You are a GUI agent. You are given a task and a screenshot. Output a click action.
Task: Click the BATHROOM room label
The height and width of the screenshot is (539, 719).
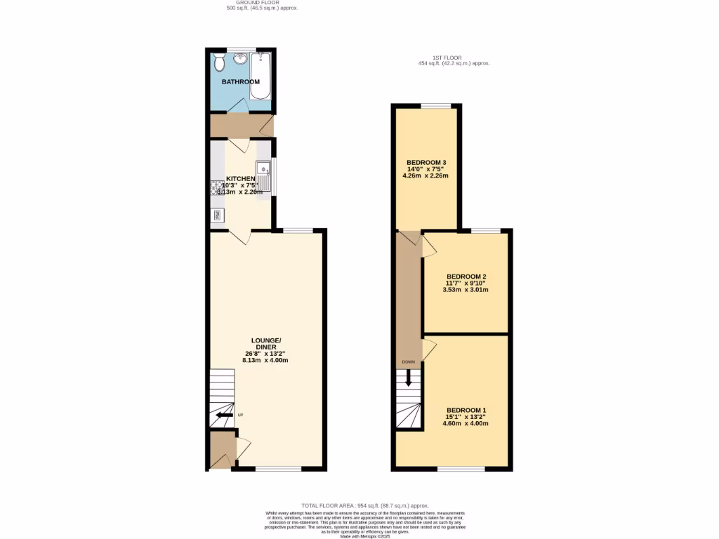[241, 82]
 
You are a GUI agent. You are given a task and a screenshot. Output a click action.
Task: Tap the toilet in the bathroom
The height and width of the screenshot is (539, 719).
[220, 63]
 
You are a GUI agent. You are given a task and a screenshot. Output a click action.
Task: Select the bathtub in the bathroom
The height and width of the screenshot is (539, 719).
[261, 76]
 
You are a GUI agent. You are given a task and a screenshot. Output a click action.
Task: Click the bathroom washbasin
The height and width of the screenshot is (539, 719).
[241, 59]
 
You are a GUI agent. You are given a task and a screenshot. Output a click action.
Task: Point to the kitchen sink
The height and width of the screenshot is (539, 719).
[264, 169]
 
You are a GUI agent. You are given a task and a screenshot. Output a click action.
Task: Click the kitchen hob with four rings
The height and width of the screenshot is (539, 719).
[216, 188]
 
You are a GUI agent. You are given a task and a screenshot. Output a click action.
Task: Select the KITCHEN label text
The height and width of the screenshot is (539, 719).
[240, 179]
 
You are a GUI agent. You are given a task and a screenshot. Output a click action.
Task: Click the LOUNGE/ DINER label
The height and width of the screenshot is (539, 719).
[266, 344]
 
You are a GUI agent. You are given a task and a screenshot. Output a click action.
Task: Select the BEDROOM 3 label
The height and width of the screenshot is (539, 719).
[426, 163]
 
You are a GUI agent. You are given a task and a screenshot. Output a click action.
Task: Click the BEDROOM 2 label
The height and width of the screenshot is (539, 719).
[466, 276]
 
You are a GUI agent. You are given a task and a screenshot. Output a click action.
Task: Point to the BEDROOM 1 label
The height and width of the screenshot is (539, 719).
[466, 411]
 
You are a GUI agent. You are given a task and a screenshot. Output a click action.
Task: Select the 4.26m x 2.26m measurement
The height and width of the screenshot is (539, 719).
[426, 176]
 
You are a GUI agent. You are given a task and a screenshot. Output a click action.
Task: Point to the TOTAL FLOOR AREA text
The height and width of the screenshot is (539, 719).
[364, 505]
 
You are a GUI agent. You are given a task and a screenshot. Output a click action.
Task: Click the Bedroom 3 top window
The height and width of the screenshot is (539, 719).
[436, 106]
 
